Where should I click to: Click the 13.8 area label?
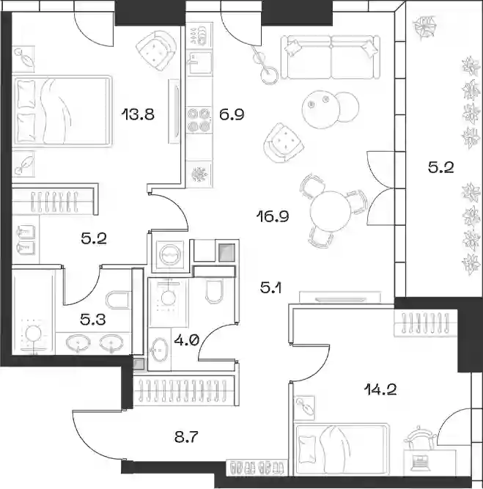tap(138, 114)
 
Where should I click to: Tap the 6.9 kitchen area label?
tap(232, 114)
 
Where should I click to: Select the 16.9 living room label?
tap(273, 216)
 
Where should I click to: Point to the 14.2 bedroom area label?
tap(380, 389)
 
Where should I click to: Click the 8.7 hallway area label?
tap(186, 437)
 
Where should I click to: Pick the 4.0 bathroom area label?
tap(186, 340)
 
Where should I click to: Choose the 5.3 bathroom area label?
tap(93, 320)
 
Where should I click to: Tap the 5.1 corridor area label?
tap(270, 287)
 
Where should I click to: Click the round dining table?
tap(331, 212)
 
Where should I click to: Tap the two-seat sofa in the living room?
tap(331, 57)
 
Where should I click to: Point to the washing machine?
tap(170, 255)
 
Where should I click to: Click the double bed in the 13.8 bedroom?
tap(62, 111)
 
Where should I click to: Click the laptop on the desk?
tap(420, 462)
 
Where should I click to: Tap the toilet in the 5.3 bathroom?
tap(118, 301)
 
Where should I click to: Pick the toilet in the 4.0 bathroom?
tap(214, 290)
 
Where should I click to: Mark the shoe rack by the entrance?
tap(257, 468)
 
